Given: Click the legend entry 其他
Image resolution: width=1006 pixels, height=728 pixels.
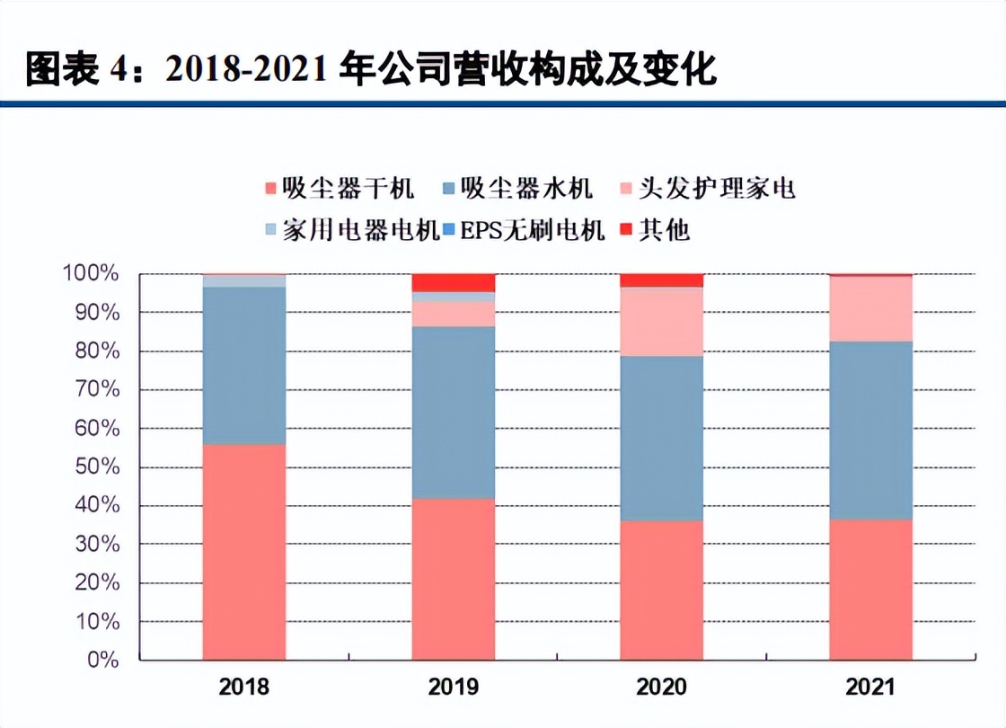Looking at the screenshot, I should pyautogui.click(x=655, y=230).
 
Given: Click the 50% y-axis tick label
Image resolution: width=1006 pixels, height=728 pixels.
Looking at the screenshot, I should pyautogui.click(x=95, y=467).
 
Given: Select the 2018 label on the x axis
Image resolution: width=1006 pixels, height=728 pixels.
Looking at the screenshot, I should pyautogui.click(x=244, y=688).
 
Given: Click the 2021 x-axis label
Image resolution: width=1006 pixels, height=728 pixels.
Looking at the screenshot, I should pyautogui.click(x=870, y=688).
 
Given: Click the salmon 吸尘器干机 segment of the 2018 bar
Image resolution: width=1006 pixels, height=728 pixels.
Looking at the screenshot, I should pyautogui.click(x=244, y=553).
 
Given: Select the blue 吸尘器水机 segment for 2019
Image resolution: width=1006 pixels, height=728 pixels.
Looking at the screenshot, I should pyautogui.click(x=454, y=413).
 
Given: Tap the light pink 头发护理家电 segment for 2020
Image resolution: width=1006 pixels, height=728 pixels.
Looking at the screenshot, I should pyautogui.click(x=662, y=322).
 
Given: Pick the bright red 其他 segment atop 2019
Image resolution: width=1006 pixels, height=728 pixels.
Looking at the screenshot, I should pyautogui.click(x=454, y=282).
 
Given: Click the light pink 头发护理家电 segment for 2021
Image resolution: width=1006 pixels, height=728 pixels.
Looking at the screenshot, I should pyautogui.click(x=870, y=308).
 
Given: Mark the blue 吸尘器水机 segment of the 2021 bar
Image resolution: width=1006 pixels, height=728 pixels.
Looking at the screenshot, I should pyautogui.click(x=870, y=431).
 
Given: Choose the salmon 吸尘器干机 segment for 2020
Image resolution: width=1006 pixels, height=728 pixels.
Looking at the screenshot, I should pyautogui.click(x=662, y=590).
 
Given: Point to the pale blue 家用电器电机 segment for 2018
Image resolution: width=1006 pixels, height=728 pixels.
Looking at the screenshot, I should pyautogui.click(x=244, y=281).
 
